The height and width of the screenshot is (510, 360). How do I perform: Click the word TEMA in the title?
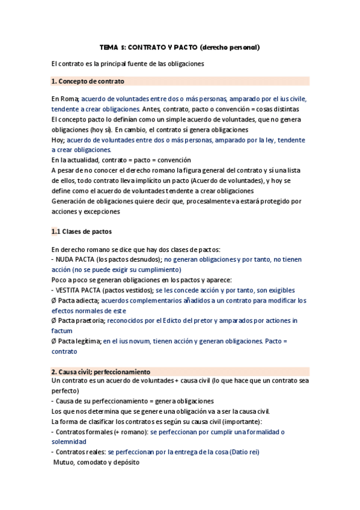click(110, 47)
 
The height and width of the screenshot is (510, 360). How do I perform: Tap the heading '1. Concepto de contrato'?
click(88, 81)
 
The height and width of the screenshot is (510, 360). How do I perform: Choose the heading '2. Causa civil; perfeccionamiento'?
click(101, 372)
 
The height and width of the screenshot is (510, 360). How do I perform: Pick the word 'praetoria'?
click(91, 321)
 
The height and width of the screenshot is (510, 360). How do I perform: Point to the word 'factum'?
click(62, 331)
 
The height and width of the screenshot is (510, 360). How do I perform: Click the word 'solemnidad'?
click(69, 441)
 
